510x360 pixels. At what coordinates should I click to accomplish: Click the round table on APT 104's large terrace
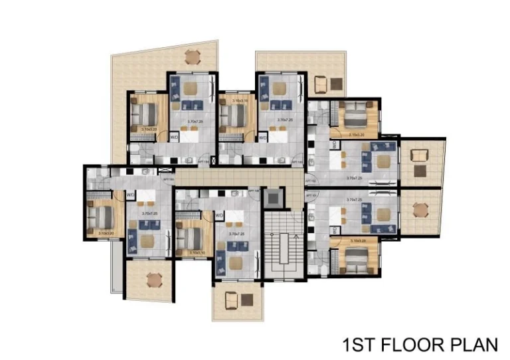click(192, 56)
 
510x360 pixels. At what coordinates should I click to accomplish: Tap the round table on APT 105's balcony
click(153, 278)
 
